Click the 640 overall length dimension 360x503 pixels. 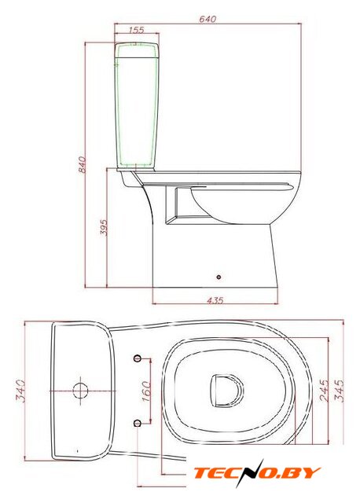pos(208,19)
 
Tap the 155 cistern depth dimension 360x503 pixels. pos(137,30)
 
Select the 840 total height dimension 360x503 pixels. pos(82,164)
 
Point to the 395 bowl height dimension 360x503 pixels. pos(103,227)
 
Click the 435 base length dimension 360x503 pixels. pos(215,300)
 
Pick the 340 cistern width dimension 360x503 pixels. pos(20,391)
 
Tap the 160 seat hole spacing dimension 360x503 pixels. pos(146,391)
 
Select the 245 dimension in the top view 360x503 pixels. pos(325,391)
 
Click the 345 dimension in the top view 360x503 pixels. pos(339,391)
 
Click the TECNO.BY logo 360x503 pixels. pos(257,473)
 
